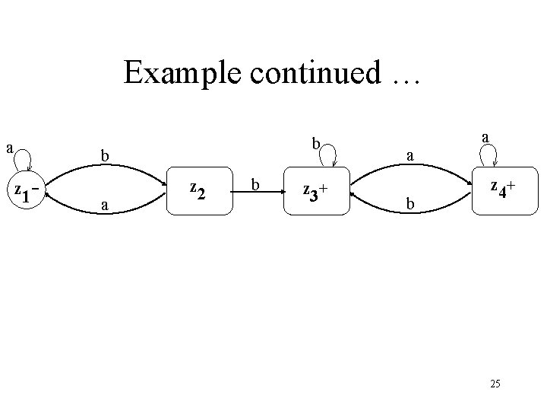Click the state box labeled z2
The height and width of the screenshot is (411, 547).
(199, 190)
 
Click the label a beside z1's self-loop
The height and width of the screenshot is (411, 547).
(10, 145)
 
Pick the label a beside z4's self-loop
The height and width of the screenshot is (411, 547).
(485, 137)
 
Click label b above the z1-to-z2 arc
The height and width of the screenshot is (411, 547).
(107, 156)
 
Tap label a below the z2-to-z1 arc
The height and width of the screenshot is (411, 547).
(106, 205)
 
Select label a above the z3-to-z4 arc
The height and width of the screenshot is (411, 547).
(409, 156)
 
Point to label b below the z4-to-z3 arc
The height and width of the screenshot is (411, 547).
(409, 205)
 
